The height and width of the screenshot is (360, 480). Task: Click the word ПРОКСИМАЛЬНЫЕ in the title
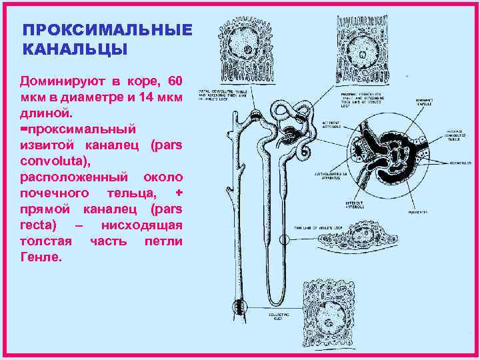107,31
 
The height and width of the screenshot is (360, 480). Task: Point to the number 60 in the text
175,81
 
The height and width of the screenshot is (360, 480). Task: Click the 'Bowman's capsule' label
419,101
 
